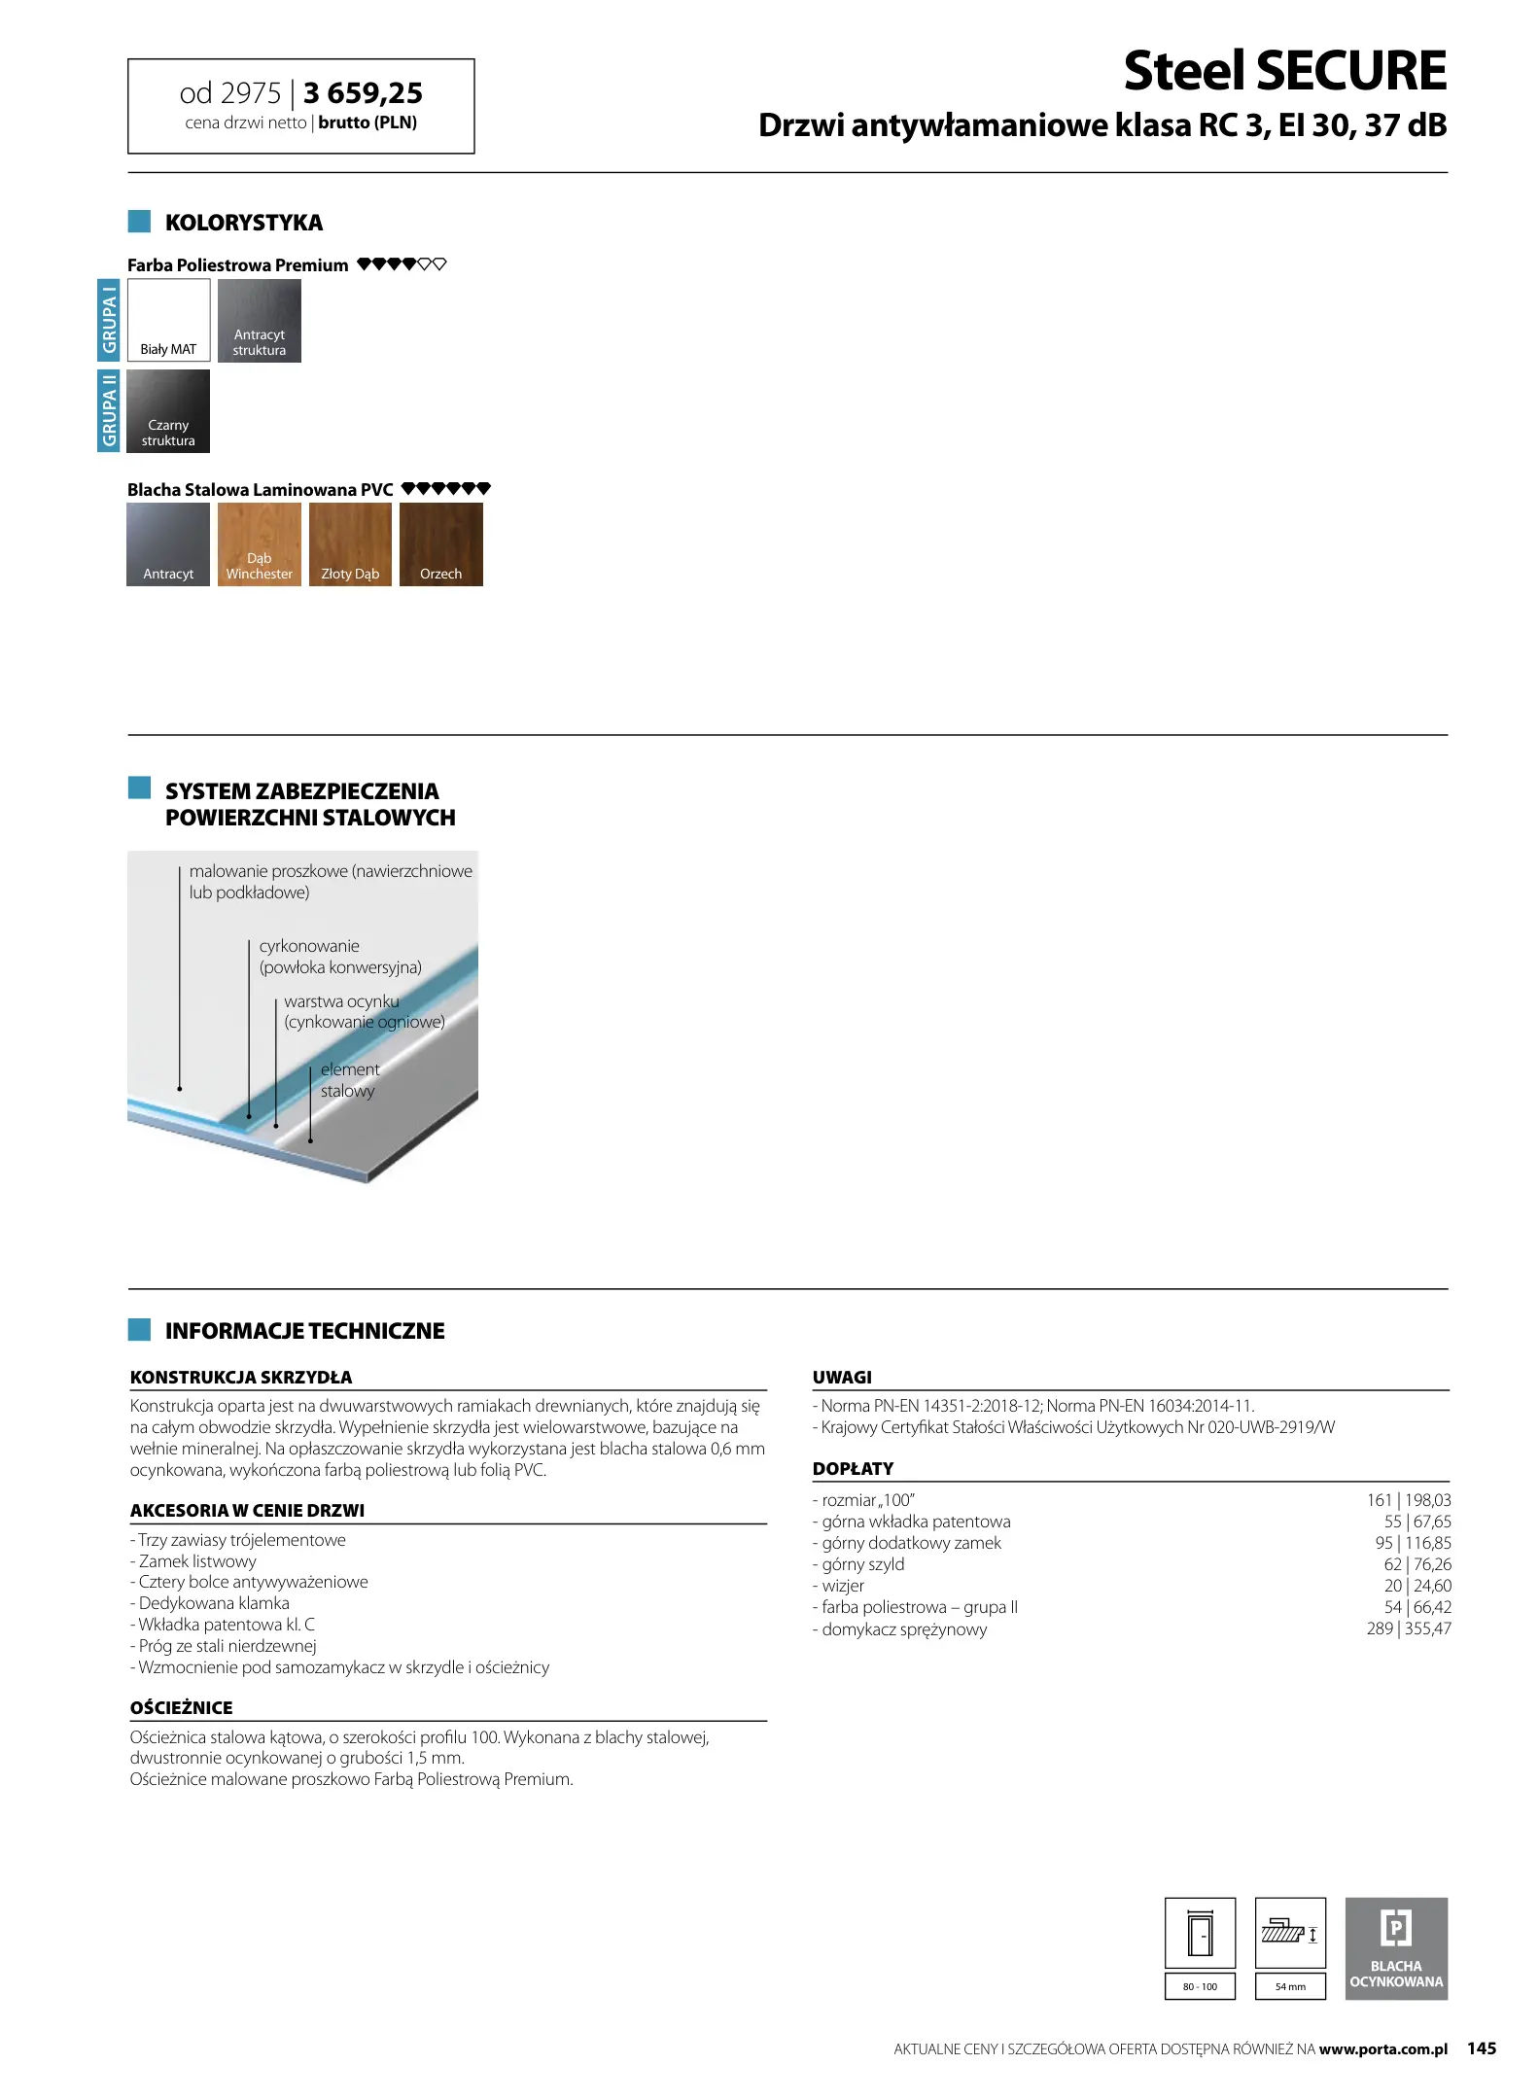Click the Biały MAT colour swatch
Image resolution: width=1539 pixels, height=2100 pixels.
point(168,320)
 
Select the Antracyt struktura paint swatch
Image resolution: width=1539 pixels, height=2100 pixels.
point(259,320)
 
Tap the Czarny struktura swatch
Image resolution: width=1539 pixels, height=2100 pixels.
point(168,410)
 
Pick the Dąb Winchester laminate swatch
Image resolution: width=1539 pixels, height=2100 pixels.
point(259,543)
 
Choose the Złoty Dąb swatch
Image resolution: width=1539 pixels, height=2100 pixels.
point(350,543)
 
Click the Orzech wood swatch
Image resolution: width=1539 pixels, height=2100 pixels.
point(440,543)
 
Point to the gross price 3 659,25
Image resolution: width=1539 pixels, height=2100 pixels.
point(363,93)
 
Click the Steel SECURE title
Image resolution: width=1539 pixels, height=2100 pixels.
point(1284,71)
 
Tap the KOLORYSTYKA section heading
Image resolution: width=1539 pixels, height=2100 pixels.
point(243,223)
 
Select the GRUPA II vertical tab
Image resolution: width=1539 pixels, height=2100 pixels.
point(109,410)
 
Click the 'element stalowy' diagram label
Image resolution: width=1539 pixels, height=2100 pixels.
point(349,1079)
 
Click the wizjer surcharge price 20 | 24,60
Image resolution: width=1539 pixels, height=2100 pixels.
point(1417,1586)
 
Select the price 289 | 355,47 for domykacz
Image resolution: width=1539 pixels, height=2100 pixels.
point(1408,1628)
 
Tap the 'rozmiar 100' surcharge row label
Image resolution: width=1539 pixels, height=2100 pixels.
point(865,1500)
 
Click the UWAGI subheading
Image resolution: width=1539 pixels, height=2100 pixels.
point(842,1377)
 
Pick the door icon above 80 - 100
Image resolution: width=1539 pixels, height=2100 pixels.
point(1200,1933)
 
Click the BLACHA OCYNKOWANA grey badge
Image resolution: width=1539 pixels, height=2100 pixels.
point(1395,1948)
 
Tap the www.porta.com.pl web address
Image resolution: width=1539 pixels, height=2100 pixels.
point(1382,2048)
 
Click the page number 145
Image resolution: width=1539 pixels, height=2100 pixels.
point(1481,2047)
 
